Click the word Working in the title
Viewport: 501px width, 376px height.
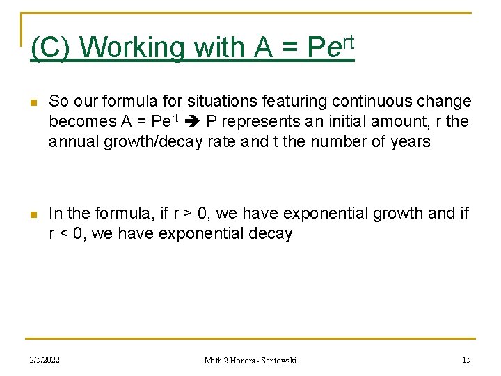tap(132, 48)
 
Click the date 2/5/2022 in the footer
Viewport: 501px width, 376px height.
tap(45, 360)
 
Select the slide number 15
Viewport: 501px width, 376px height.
tap(466, 360)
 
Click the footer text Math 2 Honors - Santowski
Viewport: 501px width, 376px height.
tap(250, 361)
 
